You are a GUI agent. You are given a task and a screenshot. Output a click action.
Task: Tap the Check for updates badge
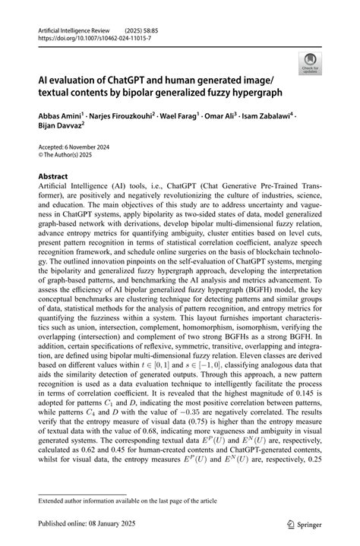pyautogui.click(x=312, y=64)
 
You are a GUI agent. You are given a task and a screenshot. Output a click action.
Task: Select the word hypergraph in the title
pyautogui.click(x=251, y=93)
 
